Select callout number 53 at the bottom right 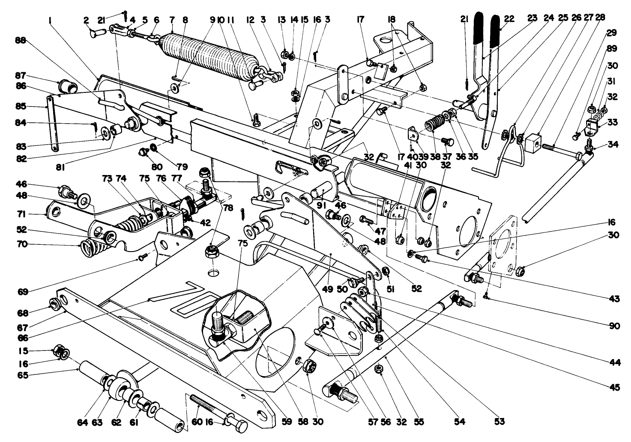pyautogui.click(x=499, y=422)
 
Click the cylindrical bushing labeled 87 pyautogui.click(x=67, y=86)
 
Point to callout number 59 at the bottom pyautogui.click(x=287, y=422)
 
